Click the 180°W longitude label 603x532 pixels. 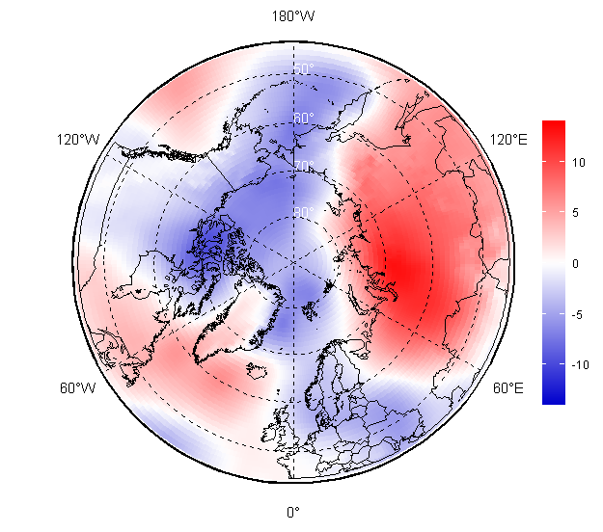(x=293, y=16)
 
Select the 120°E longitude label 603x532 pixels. (x=508, y=140)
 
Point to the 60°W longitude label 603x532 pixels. (x=77, y=388)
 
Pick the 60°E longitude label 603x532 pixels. (x=508, y=388)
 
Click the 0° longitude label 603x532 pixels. (x=293, y=512)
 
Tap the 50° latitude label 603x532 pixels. (x=304, y=69)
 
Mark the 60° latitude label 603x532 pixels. (x=304, y=118)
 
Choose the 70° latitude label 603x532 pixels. (x=304, y=166)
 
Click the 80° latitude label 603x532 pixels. (x=304, y=213)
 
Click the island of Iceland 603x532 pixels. (x=258, y=371)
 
